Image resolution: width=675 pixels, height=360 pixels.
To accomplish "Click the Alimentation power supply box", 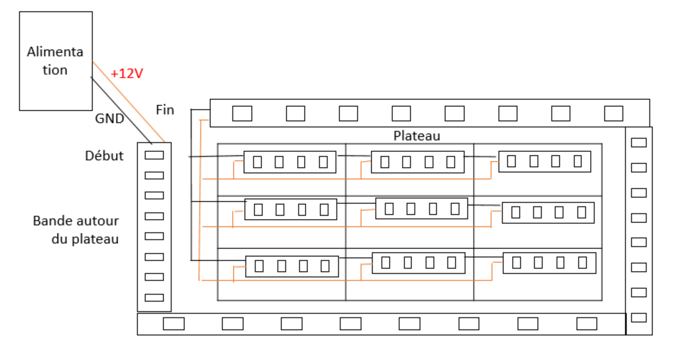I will pos(55,61).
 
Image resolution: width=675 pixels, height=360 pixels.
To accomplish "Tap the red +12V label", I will pos(127,74).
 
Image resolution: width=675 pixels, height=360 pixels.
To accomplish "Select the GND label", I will pos(109,118).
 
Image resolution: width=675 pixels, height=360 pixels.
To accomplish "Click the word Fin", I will pos(165,110).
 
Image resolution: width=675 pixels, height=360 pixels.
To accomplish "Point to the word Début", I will pos(104,155).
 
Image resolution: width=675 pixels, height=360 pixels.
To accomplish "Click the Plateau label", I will pos(417,136).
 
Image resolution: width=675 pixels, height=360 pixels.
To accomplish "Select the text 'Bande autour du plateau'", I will pos(76,229).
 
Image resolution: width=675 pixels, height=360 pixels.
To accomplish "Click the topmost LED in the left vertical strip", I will pos(154,155).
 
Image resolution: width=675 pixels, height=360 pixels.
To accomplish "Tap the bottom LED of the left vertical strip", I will pos(154,298).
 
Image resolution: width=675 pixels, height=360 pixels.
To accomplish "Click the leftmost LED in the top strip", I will pos(242,114).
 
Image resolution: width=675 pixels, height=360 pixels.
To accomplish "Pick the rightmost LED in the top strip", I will pos(613,114).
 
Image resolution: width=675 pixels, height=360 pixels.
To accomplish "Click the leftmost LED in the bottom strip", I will pos(173,324).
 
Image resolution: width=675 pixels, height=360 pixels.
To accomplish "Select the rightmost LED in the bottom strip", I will pos(586,324).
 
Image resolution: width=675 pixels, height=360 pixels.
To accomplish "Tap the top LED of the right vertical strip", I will pos(639,143).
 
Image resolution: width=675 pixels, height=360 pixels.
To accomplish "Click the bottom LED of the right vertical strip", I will pos(639,317).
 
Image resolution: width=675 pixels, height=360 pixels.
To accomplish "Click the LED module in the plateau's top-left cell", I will pos(290,162).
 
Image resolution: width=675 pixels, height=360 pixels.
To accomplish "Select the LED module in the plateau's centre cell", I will pos(421,209).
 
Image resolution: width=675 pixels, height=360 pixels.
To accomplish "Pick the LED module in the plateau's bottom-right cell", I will pos(549,263).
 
